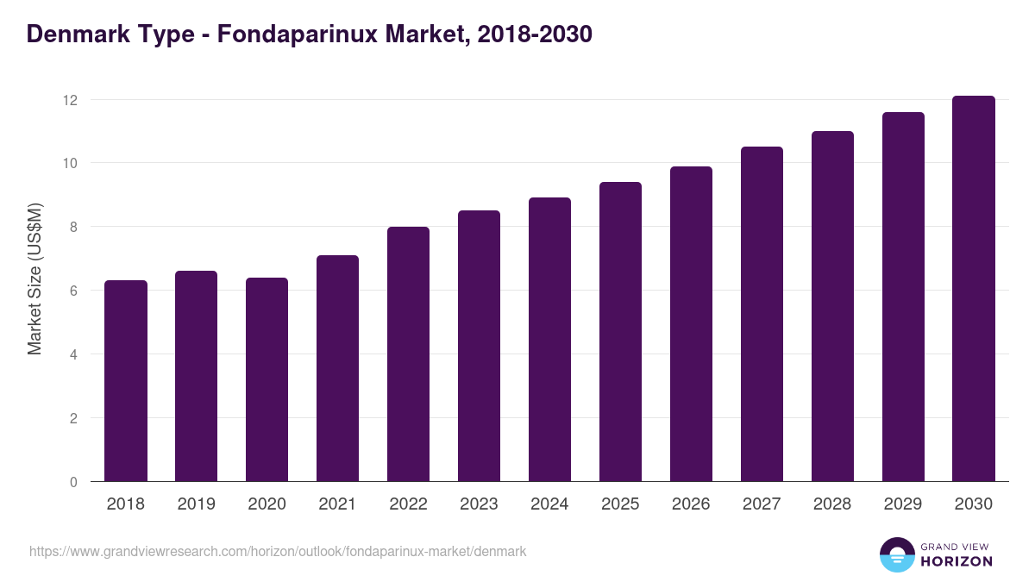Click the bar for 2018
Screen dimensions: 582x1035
(126, 381)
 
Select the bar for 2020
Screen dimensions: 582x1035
(267, 379)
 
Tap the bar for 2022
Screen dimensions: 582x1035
(409, 354)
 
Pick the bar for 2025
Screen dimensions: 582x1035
(621, 332)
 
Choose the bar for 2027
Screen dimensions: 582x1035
(762, 314)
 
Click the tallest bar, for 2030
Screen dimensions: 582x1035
(974, 289)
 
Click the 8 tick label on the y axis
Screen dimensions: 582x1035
(73, 227)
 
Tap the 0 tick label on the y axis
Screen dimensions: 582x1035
(73, 482)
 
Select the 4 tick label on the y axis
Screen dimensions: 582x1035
(73, 354)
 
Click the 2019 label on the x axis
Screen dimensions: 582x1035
(197, 504)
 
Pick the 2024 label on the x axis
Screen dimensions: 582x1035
(549, 504)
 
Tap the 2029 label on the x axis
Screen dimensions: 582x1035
(903, 504)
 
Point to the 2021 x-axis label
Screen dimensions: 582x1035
(338, 504)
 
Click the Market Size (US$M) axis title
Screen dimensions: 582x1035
(34, 278)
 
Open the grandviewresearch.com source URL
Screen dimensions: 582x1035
(278, 551)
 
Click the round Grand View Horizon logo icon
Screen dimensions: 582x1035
(897, 554)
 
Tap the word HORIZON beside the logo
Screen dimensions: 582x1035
(957, 561)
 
